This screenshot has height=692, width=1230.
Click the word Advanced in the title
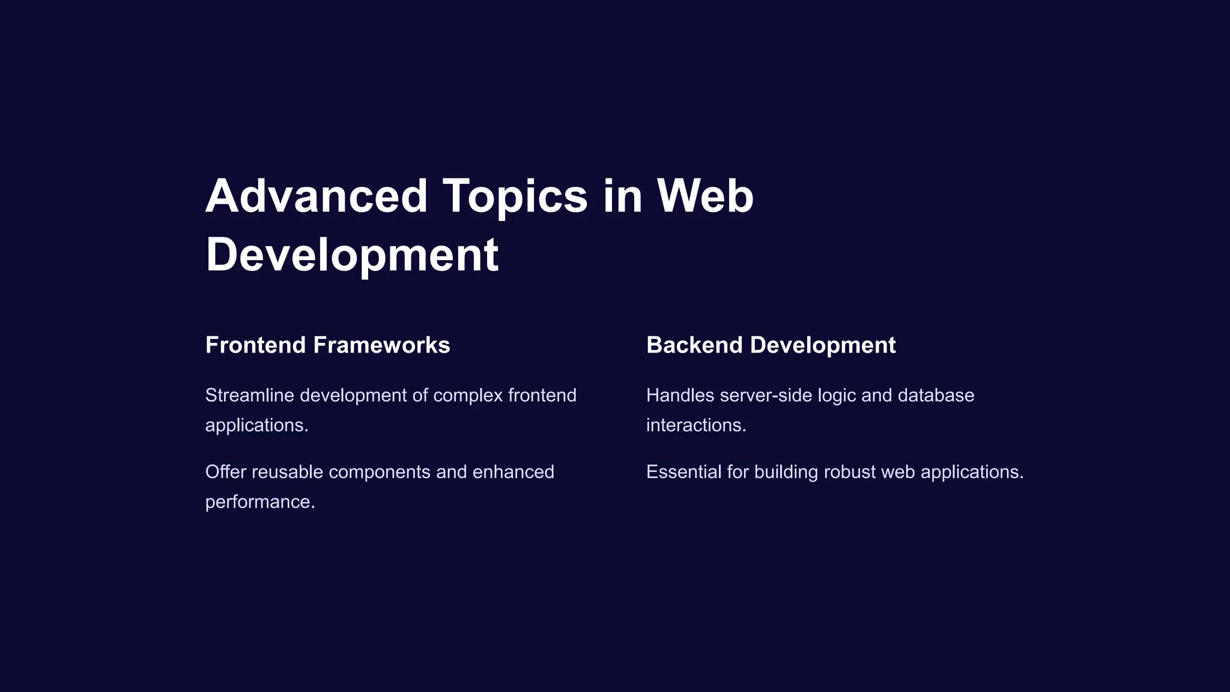[316, 196]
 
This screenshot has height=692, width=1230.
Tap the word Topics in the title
[515, 196]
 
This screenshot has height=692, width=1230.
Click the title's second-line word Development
[352, 255]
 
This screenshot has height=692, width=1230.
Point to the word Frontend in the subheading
[256, 345]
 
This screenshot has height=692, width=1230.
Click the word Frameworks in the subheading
[381, 345]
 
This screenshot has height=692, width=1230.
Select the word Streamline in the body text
[250, 395]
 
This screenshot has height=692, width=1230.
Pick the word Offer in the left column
[226, 472]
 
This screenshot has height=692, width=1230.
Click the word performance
[259, 502]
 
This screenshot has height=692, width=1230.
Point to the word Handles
[680, 395]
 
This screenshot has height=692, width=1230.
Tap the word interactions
[695, 425]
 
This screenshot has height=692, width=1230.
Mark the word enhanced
[513, 472]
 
